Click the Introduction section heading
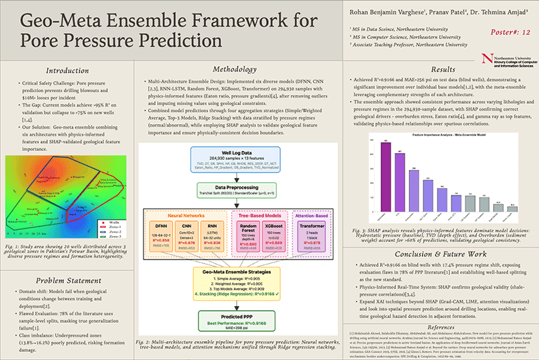66,70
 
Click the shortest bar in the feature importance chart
513,209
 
